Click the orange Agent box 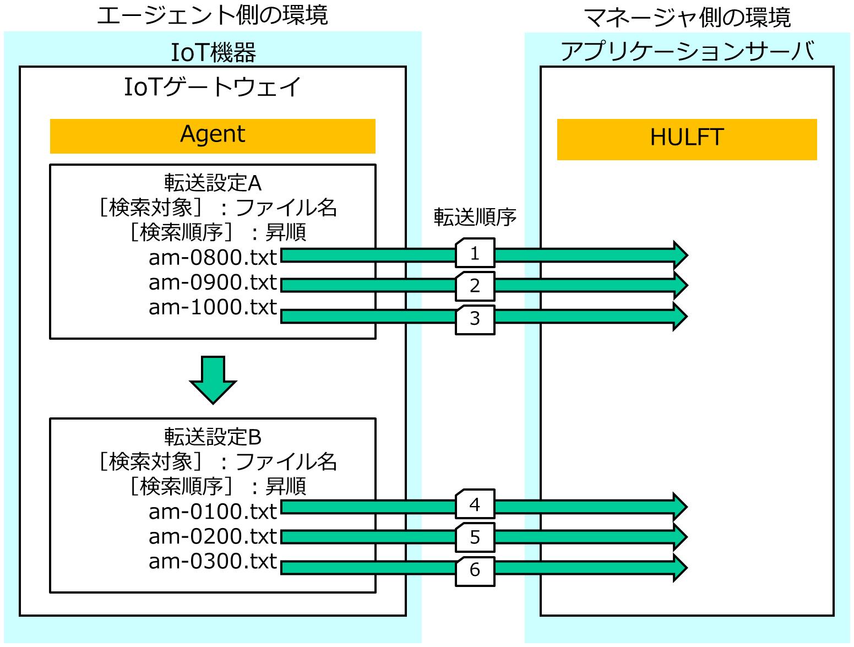[213, 136]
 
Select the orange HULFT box [687, 139]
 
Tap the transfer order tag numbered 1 [475, 253]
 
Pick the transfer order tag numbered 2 [475, 286]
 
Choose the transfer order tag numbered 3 [475, 320]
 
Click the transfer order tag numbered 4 [475, 504]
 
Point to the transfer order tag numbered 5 [475, 537]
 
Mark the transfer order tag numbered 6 [475, 571]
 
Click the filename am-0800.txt [213, 258]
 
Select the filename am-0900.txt [213, 282]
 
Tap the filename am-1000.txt [213, 307]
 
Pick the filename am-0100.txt [213, 512]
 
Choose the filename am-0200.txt [213, 536]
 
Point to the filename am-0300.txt [213, 562]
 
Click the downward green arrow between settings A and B [213, 380]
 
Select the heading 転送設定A [213, 183]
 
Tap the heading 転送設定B [213, 437]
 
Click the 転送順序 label [475, 217]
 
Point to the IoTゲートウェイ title [213, 86]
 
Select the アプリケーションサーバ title [688, 51]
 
